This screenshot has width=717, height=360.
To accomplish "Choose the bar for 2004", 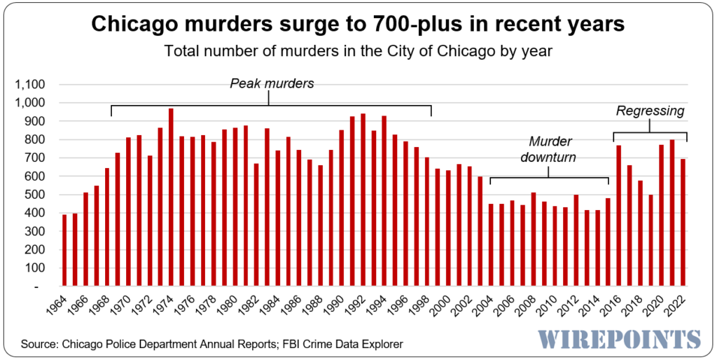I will pyautogui.click(x=491, y=245).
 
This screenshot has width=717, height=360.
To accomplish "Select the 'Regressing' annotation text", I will pyautogui.click(x=650, y=111).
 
